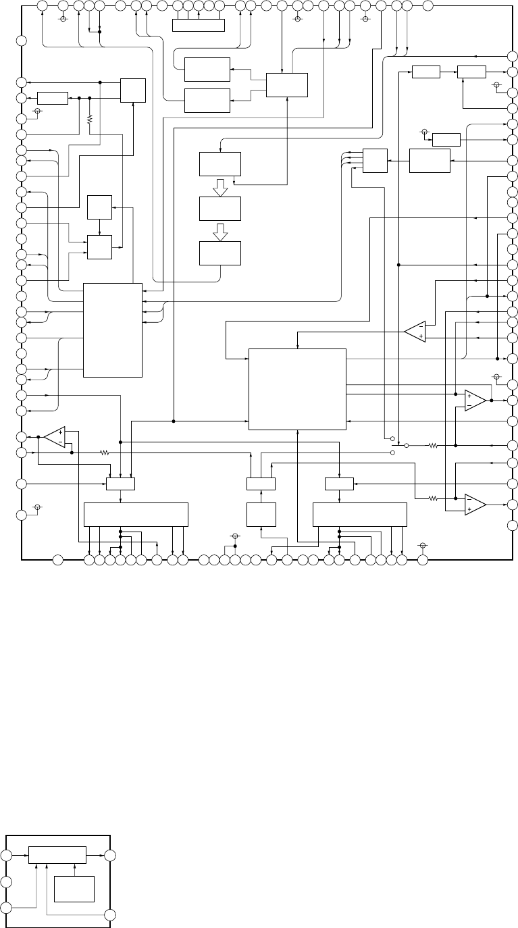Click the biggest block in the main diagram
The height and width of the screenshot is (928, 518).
[x=297, y=388]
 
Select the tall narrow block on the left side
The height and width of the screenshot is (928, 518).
[x=113, y=330]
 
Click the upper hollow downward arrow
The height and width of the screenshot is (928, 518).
[x=220, y=191]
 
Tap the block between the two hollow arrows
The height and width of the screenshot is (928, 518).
[x=220, y=209]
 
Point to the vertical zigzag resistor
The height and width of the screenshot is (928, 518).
[x=90, y=119]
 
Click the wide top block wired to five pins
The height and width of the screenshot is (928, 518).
[x=199, y=25]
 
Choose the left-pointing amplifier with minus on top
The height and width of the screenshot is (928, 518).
[x=415, y=331]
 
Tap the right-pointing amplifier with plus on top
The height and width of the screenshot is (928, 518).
[x=475, y=400]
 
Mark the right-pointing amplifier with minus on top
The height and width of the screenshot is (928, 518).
[x=475, y=504]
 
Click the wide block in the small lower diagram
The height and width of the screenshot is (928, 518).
[x=57, y=854]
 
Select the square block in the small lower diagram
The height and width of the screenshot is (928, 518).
[x=74, y=888]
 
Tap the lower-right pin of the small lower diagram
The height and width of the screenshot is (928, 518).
[x=109, y=916]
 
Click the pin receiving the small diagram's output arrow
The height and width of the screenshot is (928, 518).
[x=109, y=855]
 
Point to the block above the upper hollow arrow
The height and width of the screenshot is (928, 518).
[x=220, y=164]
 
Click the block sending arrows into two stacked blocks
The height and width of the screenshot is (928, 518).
[x=287, y=84]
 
